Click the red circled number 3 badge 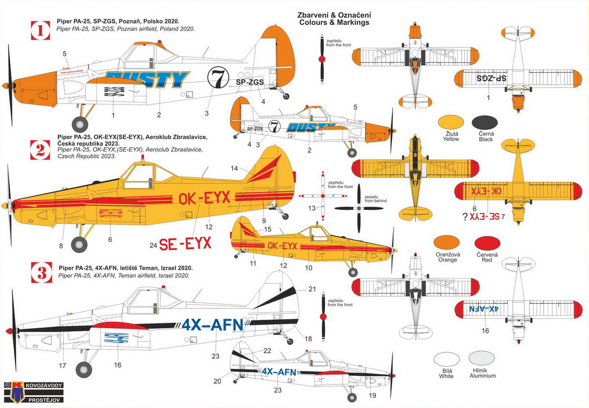40,272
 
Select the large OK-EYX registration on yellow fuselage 204,198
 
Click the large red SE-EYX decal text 185,244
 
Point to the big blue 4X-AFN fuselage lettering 213,325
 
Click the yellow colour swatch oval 451,123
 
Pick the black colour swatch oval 485,123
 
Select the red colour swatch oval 487,244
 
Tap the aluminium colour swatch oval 481,358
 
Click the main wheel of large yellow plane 79,244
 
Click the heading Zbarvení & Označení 334,14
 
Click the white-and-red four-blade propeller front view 322,197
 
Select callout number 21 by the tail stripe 312,289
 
